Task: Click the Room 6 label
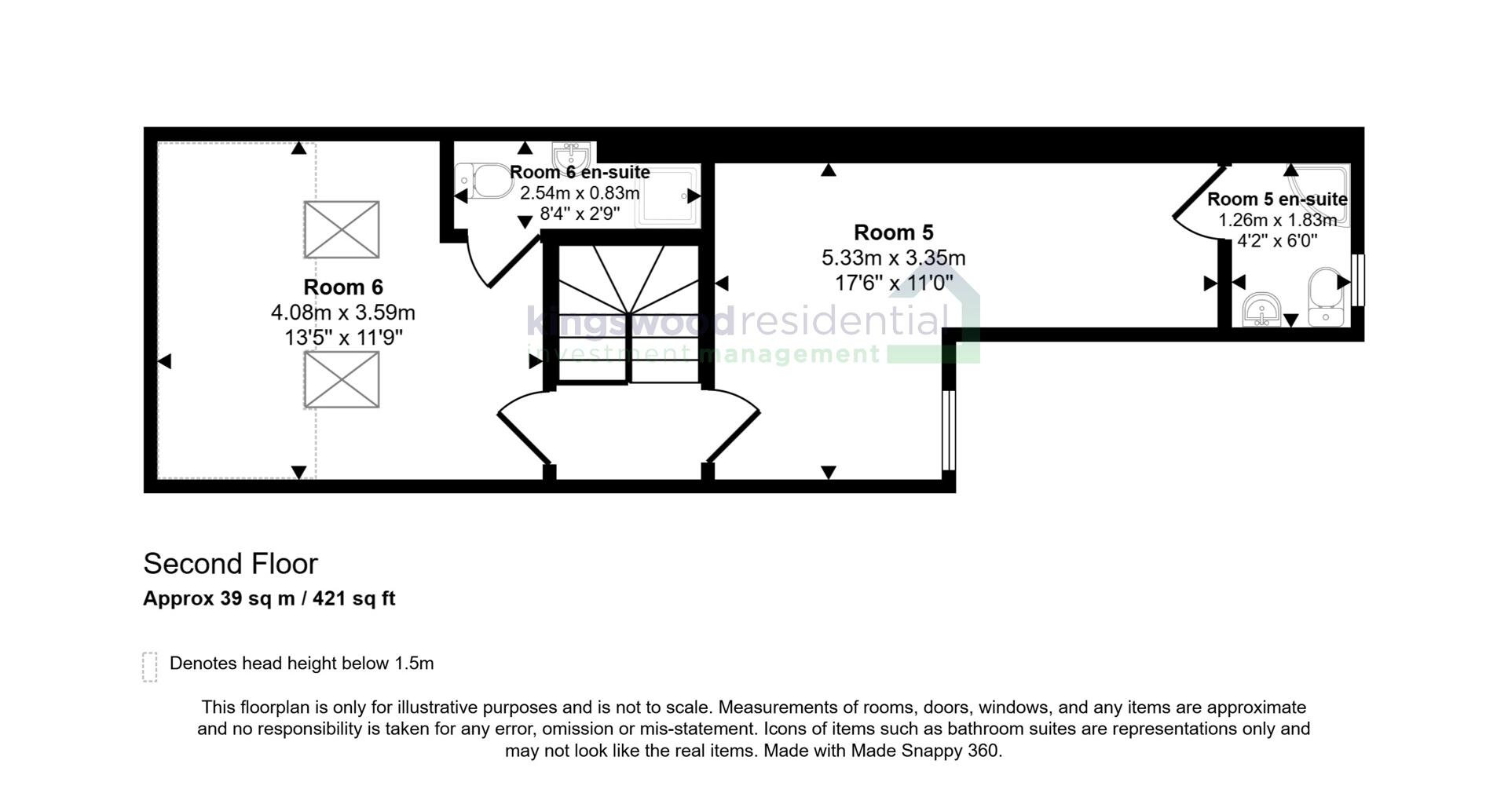click(x=343, y=287)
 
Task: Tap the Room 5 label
click(x=893, y=233)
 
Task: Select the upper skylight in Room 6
click(x=342, y=229)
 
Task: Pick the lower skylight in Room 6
click(x=342, y=379)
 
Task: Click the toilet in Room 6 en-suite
click(x=484, y=181)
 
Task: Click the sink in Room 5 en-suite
click(x=1262, y=309)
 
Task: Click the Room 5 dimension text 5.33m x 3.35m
click(x=893, y=258)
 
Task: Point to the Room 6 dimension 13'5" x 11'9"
click(x=343, y=338)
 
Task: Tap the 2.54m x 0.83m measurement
click(x=580, y=193)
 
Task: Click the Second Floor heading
click(x=230, y=564)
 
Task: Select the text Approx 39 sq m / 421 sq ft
click(x=269, y=599)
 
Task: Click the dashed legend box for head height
click(x=150, y=667)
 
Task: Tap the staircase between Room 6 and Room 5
click(x=628, y=314)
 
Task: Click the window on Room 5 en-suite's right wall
click(x=1360, y=279)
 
